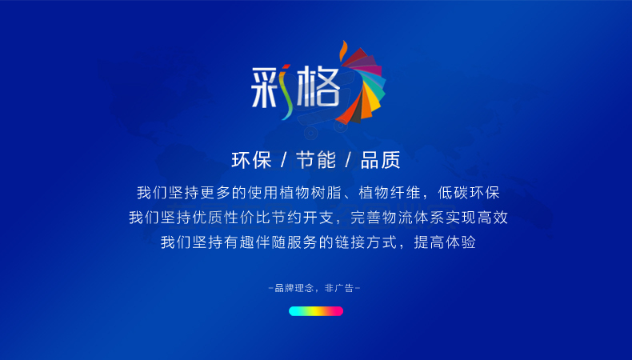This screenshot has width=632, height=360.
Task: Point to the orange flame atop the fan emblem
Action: click(x=343, y=50)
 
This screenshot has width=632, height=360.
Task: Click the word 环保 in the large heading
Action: click(x=251, y=160)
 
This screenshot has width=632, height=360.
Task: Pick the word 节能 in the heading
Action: click(x=316, y=160)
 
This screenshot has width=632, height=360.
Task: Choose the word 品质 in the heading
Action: click(x=381, y=160)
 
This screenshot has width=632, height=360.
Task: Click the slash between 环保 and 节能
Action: click(x=284, y=160)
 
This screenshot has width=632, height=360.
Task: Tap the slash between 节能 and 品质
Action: click(x=348, y=160)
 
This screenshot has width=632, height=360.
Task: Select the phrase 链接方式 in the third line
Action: click(x=366, y=242)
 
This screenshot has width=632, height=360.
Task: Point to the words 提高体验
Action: click(x=445, y=242)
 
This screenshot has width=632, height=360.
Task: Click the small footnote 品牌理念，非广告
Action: click(x=314, y=288)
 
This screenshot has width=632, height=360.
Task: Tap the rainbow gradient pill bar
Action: click(x=316, y=311)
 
